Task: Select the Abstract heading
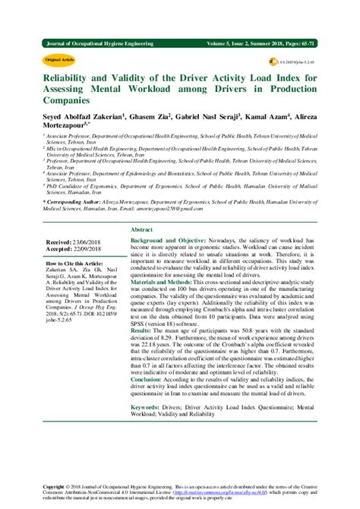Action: point(141,207)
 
